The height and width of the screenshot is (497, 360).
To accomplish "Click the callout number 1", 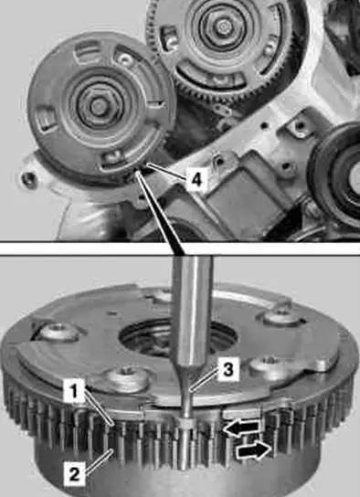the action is [x=74, y=391].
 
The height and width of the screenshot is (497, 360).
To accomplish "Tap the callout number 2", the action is [x=75, y=474].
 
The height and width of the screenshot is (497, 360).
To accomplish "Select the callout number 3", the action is [x=228, y=369].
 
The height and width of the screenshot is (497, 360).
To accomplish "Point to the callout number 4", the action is [x=196, y=179].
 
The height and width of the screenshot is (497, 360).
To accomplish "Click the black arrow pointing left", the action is [x=241, y=428].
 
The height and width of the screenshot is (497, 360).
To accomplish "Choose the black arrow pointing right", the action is [x=254, y=450].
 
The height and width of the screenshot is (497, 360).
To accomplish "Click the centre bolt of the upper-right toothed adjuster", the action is [x=224, y=26].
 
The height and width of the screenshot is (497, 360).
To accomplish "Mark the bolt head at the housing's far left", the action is [x=27, y=179].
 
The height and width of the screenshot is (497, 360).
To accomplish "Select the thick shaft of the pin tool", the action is [x=192, y=311].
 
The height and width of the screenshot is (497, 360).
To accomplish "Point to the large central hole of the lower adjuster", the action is [x=179, y=337].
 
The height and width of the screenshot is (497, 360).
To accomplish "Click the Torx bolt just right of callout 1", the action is [x=128, y=377].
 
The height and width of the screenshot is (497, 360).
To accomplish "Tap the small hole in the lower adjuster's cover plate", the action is [x=111, y=313].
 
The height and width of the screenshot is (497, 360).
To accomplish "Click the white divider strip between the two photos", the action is [x=180, y=249].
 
